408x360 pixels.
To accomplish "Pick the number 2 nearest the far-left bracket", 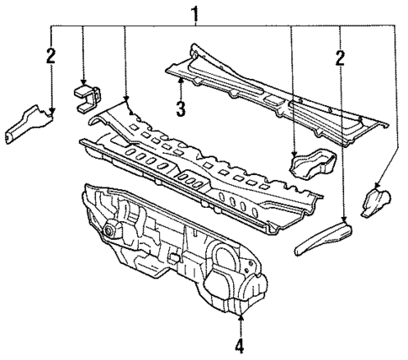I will pyautogui.click(x=50, y=56).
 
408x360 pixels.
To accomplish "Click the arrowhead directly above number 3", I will pyautogui.click(x=180, y=81).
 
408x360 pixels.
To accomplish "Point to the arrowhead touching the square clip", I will pyautogui.click(x=83, y=83).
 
